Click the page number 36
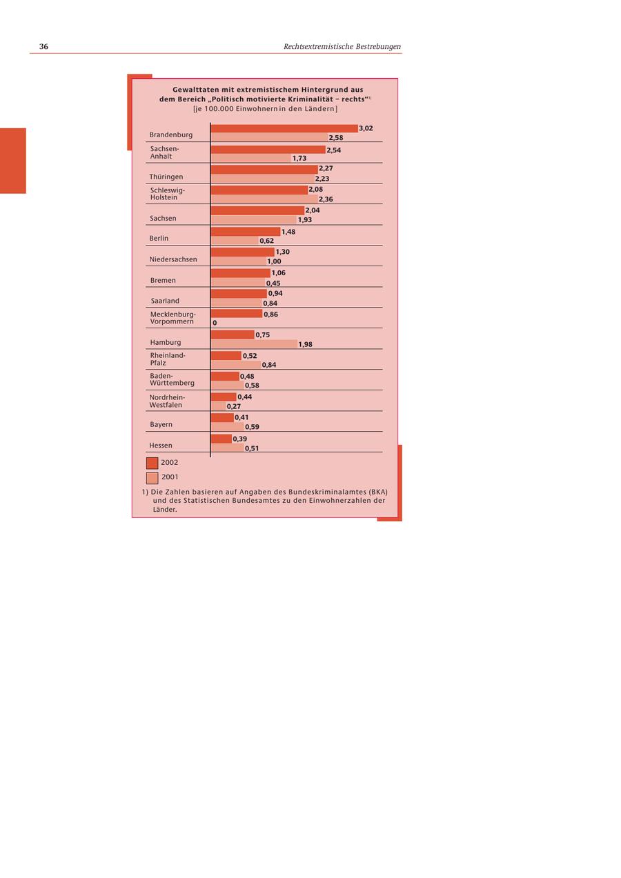pyautogui.click(x=43, y=46)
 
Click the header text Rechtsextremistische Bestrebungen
pyautogui.click(x=342, y=46)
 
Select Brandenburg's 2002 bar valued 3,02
pyautogui.click(x=284, y=128)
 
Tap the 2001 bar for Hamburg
pyautogui.click(x=253, y=344)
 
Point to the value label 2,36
pyautogui.click(x=326, y=199)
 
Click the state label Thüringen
pyautogui.click(x=166, y=177)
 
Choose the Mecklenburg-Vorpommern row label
pyautogui.click(x=172, y=318)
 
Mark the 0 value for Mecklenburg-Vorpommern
pyautogui.click(x=215, y=323)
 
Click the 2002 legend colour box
pyautogui.click(x=152, y=463)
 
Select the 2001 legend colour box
pyautogui.click(x=152, y=477)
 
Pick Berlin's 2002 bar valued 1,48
pyautogui.click(x=245, y=232)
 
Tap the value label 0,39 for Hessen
pyautogui.click(x=240, y=439)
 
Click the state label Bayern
pyautogui.click(x=161, y=424)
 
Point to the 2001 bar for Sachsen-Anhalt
pyautogui.click(x=250, y=158)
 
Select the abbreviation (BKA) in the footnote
pyautogui.click(x=377, y=492)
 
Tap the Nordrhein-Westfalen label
pyautogui.click(x=167, y=401)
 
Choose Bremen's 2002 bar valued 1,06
pyautogui.click(x=240, y=273)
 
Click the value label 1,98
pyautogui.click(x=305, y=344)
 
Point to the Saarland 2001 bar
pyautogui.click(x=236, y=303)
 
